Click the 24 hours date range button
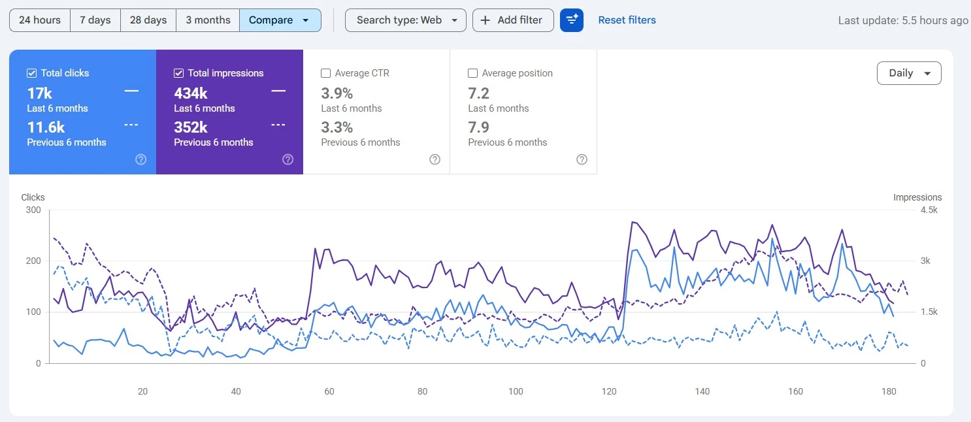tap(40, 20)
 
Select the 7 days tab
tap(95, 20)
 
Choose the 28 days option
tap(148, 20)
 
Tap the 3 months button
tap(208, 20)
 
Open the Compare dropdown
tap(280, 20)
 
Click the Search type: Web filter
tap(406, 20)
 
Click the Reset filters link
tap(627, 20)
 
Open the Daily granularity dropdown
tap(909, 73)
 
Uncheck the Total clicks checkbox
tap(31, 73)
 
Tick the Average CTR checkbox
tap(325, 73)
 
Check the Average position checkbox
tap(473, 73)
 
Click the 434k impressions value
tap(191, 93)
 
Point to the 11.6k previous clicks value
tap(46, 127)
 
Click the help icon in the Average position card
tap(582, 159)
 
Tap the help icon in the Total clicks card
tap(141, 159)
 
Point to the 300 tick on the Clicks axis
tap(33, 210)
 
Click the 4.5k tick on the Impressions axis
tap(929, 210)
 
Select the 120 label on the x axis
tap(609, 391)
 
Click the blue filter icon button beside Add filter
tap(572, 20)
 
